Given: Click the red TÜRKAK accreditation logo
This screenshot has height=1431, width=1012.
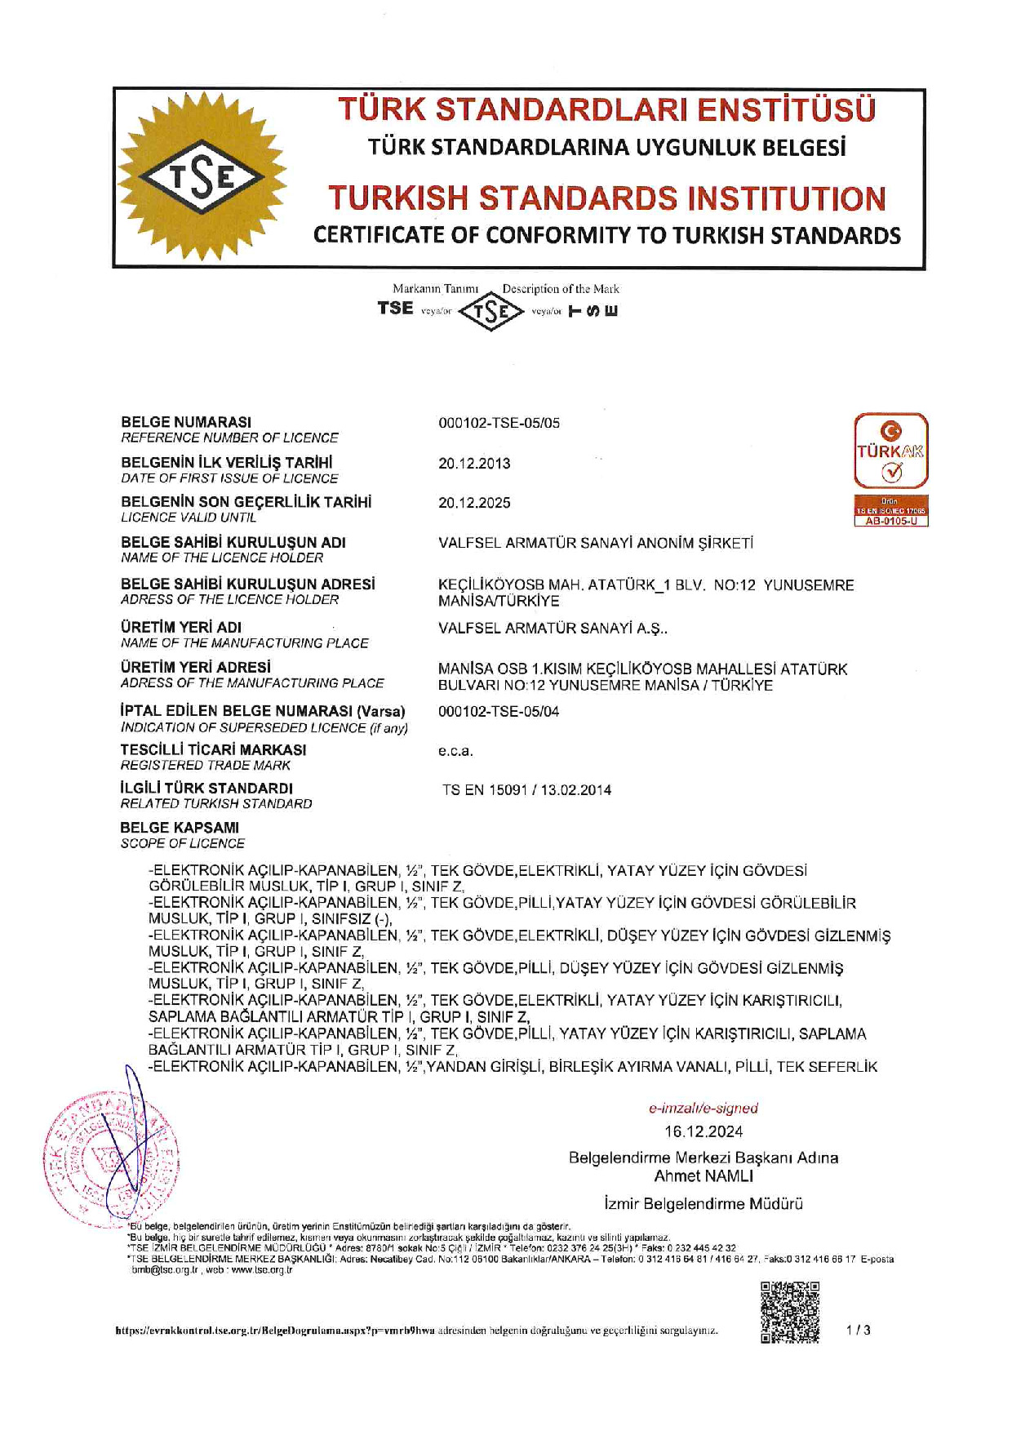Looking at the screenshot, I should pos(890,451).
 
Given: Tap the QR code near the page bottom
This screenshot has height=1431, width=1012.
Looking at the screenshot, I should pos(789,1312).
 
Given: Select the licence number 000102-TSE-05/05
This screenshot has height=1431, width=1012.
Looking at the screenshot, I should pos(499,423).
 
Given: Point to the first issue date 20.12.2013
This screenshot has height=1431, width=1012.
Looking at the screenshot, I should pos(474,463).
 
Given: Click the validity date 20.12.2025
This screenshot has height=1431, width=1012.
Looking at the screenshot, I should pos(474,503).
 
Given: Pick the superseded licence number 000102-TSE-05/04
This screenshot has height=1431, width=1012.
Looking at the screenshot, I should pos(499,711).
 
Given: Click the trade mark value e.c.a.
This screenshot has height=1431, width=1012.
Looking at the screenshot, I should pos(455,751).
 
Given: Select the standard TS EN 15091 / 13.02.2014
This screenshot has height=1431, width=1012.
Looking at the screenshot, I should pos(526,789).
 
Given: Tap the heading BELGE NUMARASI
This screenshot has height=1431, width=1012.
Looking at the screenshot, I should pos(186,422).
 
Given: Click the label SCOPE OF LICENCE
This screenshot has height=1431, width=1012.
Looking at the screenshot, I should pos(182,843).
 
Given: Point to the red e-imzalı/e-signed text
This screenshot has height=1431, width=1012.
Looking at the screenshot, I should pos(703,1108).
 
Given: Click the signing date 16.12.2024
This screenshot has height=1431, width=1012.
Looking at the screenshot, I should pos(703,1131).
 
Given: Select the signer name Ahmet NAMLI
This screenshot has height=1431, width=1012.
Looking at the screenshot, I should pos(703,1176).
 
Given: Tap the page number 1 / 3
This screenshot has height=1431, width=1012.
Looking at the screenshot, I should pos(858,1330).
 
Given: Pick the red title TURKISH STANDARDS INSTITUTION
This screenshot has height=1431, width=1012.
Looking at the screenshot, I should pos(606,198).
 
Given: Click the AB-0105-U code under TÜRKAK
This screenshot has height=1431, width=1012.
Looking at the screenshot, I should pos(890,521).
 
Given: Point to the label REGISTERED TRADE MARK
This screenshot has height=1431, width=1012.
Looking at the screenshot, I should pos(205,765).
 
